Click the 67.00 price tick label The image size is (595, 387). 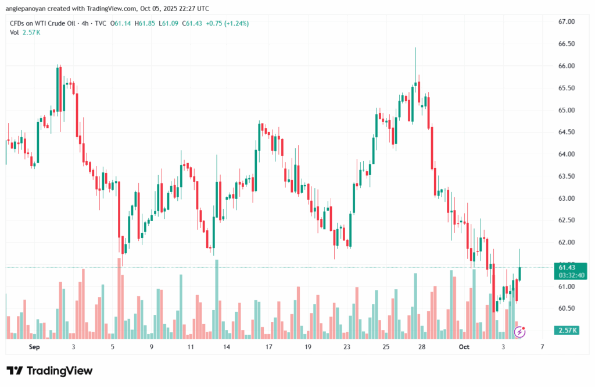pos(566,22)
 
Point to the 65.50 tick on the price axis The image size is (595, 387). pos(566,88)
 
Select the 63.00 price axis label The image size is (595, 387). pos(566,198)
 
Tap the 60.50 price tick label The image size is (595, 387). pos(566,308)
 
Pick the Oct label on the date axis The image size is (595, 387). pos(464,347)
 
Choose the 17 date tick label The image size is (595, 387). pos(269,347)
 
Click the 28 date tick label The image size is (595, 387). pos(422,347)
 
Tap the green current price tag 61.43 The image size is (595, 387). pos(566,267)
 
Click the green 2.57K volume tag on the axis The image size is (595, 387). pos(566,331)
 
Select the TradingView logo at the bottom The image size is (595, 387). pos(49,371)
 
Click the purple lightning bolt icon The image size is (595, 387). pos(521,332)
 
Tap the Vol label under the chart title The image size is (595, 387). pos(15,33)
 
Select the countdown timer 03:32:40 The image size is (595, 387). pos(566,275)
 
